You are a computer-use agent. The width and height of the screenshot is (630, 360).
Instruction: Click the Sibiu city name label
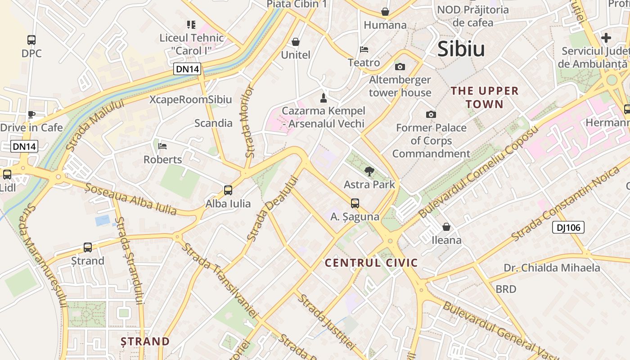click(461, 49)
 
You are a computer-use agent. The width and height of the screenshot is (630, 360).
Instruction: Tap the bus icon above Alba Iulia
click(228, 190)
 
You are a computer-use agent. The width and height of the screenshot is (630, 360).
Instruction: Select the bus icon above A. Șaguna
click(355, 203)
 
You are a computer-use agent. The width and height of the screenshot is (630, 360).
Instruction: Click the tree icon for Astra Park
click(369, 171)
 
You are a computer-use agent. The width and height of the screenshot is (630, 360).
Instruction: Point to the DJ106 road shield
click(568, 227)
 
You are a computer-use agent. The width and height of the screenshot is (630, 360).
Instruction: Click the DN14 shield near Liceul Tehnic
click(188, 69)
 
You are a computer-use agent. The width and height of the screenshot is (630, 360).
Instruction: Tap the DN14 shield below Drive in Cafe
click(24, 146)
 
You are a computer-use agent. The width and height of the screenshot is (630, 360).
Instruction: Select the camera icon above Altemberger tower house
click(400, 67)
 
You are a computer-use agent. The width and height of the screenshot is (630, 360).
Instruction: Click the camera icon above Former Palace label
click(431, 114)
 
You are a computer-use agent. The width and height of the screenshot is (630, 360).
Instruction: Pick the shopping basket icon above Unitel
click(296, 42)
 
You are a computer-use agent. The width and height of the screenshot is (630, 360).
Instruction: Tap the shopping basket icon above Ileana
click(446, 227)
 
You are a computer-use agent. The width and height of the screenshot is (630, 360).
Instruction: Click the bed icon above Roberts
click(162, 146)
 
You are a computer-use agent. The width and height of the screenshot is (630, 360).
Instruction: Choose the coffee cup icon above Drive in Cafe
click(31, 114)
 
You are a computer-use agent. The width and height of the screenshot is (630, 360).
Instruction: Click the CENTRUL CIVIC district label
click(371, 263)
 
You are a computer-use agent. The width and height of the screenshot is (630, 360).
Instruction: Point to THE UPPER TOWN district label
click(485, 97)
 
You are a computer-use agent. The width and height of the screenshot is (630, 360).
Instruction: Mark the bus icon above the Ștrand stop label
click(88, 247)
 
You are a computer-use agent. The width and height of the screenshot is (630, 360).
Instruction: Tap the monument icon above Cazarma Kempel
click(323, 97)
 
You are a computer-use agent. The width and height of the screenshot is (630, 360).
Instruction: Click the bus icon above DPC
click(31, 40)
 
